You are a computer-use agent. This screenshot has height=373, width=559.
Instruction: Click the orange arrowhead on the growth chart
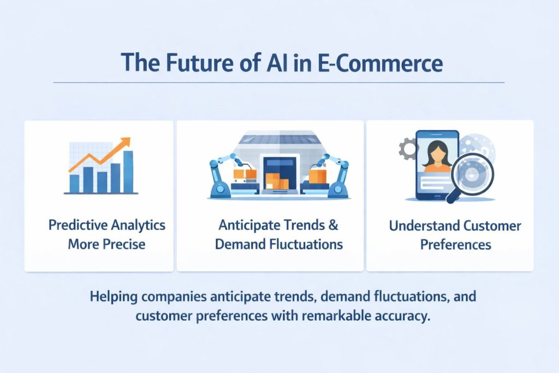click(x=126, y=142)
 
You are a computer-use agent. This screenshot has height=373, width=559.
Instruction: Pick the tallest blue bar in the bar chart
click(x=128, y=171)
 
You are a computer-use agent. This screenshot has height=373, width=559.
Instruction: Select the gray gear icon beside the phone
click(x=408, y=149)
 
